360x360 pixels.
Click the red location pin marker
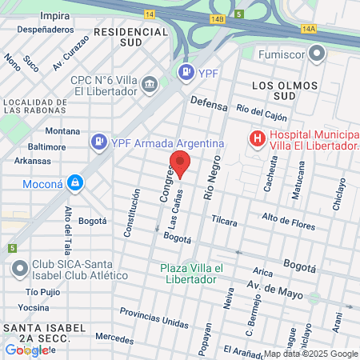click(181, 163)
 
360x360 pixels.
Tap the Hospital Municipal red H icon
click(257, 140)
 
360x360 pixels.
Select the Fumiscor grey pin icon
click(318, 54)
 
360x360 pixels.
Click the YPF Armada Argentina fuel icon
click(99, 142)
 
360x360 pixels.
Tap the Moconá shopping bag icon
click(75, 183)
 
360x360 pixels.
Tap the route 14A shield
click(310, 28)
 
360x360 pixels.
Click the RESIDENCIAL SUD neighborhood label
click(131, 37)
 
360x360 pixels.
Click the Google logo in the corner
click(26, 350)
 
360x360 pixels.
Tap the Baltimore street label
click(46, 146)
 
